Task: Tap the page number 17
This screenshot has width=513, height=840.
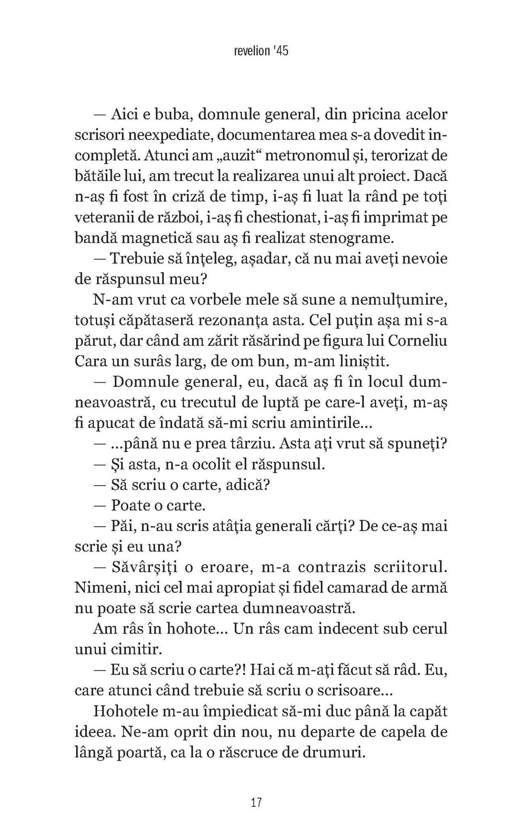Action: [256, 803]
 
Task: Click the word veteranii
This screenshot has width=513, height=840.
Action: [104, 218]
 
